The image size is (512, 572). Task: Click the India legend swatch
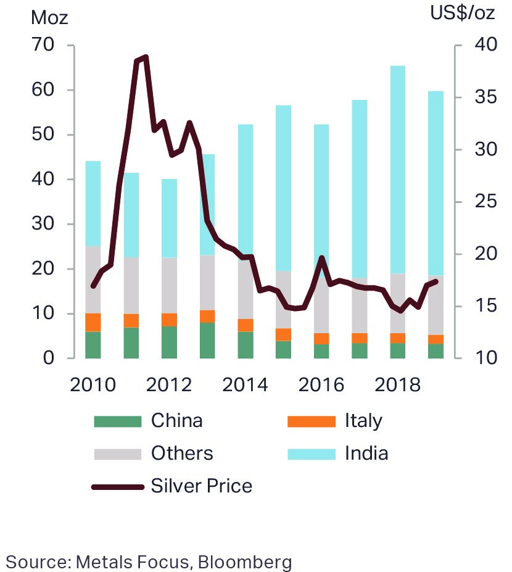point(312,454)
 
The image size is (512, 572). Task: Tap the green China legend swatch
point(118,421)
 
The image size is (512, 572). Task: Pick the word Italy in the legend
point(363,421)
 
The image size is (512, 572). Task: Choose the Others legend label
point(182,454)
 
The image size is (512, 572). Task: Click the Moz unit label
point(49,17)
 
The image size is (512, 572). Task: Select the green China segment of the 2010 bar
point(93,345)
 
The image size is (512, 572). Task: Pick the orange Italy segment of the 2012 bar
point(169,320)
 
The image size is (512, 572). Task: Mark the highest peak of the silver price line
point(146,57)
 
